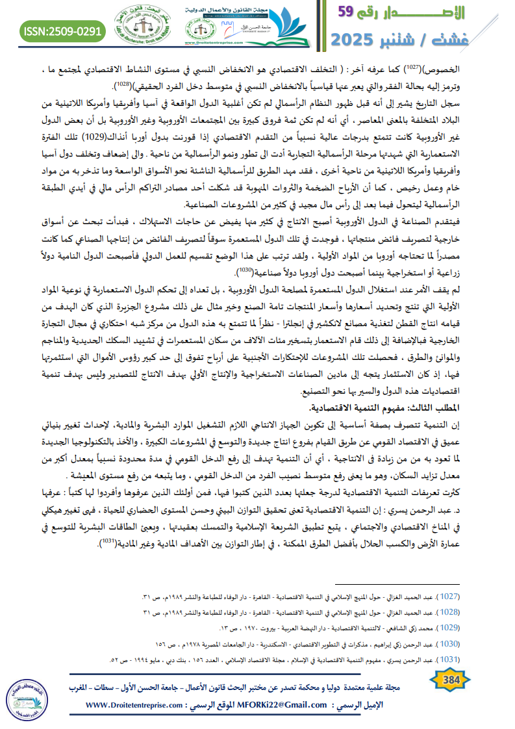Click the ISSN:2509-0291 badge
pos(61,31)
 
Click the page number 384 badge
pos(449,680)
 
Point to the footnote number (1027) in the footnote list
pos(449,596)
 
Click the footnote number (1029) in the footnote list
pos(449,628)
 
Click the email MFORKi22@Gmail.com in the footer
pos(284,705)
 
